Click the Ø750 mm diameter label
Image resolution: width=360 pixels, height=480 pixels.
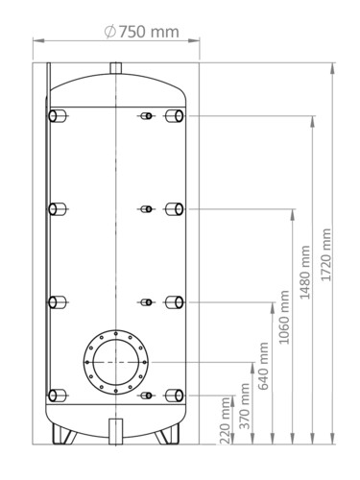coord(141,32)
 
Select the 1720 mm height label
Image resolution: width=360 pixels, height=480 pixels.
coord(326,254)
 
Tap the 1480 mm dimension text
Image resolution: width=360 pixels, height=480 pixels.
coord(305,272)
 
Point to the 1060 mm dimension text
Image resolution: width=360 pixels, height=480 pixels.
coord(284,317)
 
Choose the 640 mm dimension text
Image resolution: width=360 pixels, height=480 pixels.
coord(263,366)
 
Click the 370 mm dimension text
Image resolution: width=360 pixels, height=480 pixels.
coord(245,406)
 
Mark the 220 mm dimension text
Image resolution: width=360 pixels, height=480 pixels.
coord(226,420)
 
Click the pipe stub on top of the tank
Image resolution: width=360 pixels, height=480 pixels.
coord(116,68)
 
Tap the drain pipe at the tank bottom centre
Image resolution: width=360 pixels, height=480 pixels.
coord(116,431)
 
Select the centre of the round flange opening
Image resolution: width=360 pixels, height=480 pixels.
coord(116,362)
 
